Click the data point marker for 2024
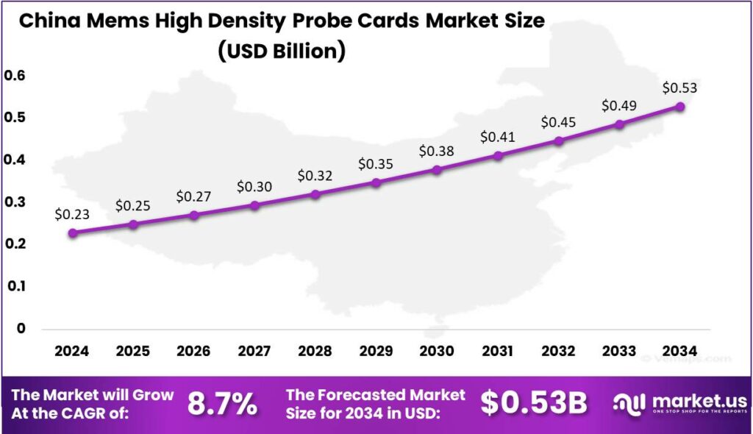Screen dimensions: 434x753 pos(72,233)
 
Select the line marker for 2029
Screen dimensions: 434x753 pos(376,182)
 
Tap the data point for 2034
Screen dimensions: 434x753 pos(680,107)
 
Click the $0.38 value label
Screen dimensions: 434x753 pos(437,152)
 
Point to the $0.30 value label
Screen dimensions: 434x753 pos(254,187)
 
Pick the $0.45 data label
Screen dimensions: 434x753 pos(558,121)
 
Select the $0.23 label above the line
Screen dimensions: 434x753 pos(72,215)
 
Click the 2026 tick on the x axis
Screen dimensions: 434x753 pos(193,352)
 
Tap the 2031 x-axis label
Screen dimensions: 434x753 pos(498,352)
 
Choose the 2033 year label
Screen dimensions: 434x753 pos(619,352)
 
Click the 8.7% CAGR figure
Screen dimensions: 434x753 pos(223,403)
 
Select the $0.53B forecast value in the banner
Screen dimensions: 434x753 pos(534,403)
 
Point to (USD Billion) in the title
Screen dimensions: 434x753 pos(281,51)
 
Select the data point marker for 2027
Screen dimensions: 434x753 pos(254,205)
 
